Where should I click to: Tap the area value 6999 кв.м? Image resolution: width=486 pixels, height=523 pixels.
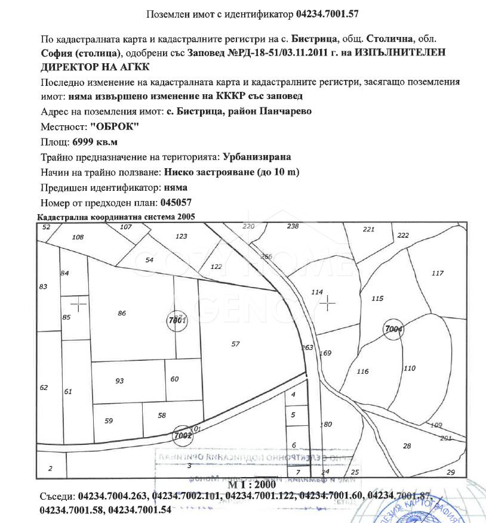pyautogui.click(x=95, y=142)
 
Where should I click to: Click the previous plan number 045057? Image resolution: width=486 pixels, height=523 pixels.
pyautogui.click(x=179, y=203)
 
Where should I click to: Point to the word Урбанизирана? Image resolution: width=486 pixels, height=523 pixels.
pyautogui.click(x=257, y=157)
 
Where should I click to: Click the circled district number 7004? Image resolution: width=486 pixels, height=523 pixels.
pyautogui.click(x=393, y=329)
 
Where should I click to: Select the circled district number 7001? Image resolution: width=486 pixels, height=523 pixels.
pyautogui.click(x=178, y=320)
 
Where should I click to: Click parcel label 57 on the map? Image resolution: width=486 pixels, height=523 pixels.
pyautogui.click(x=235, y=344)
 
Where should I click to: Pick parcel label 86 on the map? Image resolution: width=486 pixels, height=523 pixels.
pyautogui.click(x=122, y=313)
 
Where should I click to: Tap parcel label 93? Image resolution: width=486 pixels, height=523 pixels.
pyautogui.click(x=119, y=380)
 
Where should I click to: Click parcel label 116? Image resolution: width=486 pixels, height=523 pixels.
pyautogui.click(x=362, y=372)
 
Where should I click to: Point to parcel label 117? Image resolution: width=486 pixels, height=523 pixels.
pyautogui.click(x=438, y=273)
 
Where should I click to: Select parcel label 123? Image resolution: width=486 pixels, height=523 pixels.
pyautogui.click(x=182, y=236)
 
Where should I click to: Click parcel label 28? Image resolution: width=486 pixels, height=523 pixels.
pyautogui.click(x=407, y=446)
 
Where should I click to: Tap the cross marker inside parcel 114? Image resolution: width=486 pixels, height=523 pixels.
pyautogui.click(x=327, y=303)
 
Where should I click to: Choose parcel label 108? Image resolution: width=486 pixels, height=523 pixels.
pyautogui.click(x=78, y=237)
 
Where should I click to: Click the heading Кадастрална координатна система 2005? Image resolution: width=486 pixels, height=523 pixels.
pyautogui.click(x=116, y=217)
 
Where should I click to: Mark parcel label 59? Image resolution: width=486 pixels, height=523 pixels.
pyautogui.click(x=109, y=421)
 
